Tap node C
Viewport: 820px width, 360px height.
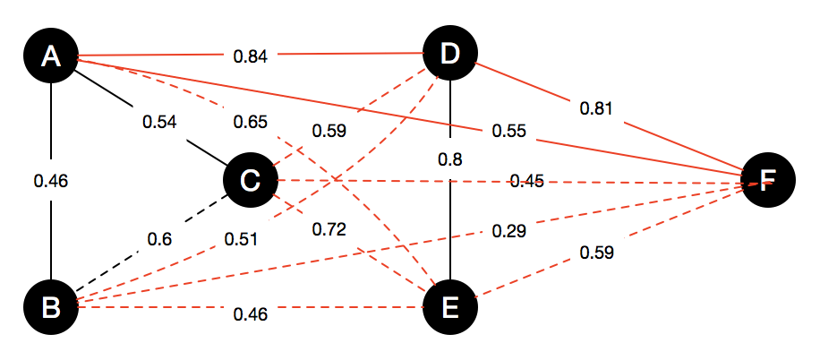[251, 182]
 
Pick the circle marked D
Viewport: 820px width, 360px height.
[449, 56]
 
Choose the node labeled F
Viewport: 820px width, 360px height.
[768, 182]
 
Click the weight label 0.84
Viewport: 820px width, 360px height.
[250, 57]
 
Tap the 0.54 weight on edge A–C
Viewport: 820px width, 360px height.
[160, 120]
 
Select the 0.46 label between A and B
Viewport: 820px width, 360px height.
[51, 182]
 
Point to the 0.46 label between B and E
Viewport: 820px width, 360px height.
[250, 313]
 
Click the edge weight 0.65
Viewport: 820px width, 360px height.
[249, 121]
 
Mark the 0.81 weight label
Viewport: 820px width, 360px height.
[597, 109]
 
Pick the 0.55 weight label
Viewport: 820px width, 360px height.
[508, 132]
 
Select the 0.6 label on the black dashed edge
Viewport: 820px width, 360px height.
[161, 239]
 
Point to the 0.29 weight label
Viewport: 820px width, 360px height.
[508, 232]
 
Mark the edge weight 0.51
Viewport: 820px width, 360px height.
[241, 239]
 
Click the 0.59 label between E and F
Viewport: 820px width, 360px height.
[597, 253]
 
